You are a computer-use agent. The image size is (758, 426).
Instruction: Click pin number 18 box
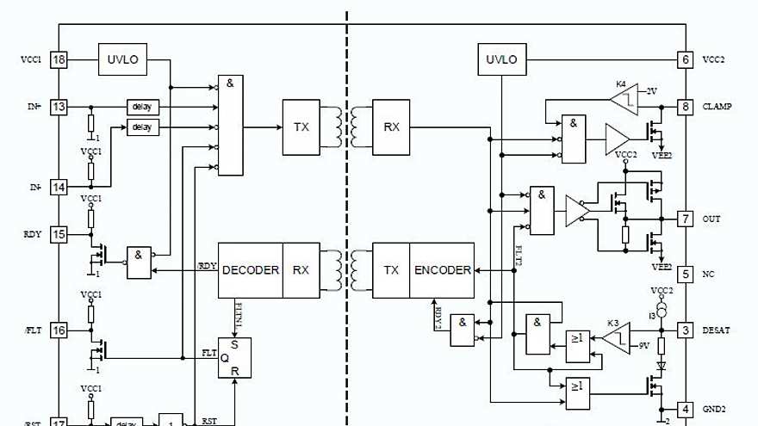point(59,60)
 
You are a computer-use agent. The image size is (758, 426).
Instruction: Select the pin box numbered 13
point(59,107)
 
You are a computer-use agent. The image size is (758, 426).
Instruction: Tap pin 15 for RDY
point(59,233)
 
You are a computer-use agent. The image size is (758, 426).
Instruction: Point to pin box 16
point(59,330)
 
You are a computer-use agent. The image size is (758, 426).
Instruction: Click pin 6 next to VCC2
point(685,60)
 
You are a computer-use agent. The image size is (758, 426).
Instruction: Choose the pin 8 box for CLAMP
point(685,107)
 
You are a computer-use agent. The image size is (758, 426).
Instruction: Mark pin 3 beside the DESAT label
point(685,330)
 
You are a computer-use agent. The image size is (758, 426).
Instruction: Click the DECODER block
point(251,270)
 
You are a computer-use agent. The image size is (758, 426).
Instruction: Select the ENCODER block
point(443,270)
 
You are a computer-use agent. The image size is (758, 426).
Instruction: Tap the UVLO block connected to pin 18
point(123,60)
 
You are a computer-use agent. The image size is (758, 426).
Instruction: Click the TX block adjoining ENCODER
point(391,270)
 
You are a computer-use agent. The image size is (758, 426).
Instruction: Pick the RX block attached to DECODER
point(301,270)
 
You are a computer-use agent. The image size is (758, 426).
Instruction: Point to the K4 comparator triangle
point(625,98)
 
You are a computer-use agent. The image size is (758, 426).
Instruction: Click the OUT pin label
point(711,219)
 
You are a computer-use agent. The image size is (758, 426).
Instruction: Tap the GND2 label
point(714,409)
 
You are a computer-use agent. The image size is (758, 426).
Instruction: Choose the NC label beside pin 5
point(709,275)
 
